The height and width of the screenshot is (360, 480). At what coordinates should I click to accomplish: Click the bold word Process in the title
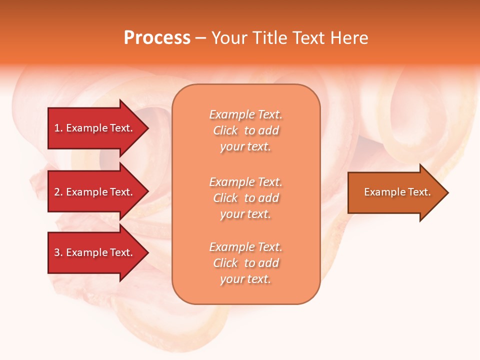[x=157, y=38]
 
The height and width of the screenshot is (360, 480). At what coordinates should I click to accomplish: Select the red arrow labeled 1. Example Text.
[x=94, y=128]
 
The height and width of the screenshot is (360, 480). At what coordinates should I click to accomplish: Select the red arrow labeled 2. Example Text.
[x=94, y=192]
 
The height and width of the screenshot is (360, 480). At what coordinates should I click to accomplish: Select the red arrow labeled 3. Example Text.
[x=94, y=252]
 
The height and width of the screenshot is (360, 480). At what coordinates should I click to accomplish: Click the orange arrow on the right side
[x=395, y=192]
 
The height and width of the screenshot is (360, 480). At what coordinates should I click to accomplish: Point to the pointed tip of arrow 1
[x=147, y=128]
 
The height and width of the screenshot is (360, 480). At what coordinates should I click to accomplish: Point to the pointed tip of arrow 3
[x=147, y=252]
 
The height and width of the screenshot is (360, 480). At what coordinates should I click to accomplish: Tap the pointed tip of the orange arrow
[x=447, y=192]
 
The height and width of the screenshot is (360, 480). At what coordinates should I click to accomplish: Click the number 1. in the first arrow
[x=58, y=128]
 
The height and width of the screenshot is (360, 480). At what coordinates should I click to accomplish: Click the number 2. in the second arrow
[x=58, y=192]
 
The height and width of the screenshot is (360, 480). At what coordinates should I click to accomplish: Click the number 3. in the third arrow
[x=58, y=252]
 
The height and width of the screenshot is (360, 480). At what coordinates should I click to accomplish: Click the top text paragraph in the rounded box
[x=246, y=130]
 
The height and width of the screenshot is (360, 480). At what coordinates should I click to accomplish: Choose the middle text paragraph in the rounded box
[x=246, y=198]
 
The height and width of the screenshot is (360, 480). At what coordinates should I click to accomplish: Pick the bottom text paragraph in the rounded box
[x=246, y=263]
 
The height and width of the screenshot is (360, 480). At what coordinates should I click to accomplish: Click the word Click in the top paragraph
[x=225, y=130]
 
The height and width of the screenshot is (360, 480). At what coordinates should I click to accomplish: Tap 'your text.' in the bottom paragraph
[x=246, y=279]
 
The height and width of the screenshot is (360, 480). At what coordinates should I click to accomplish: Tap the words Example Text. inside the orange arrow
[x=397, y=192]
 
